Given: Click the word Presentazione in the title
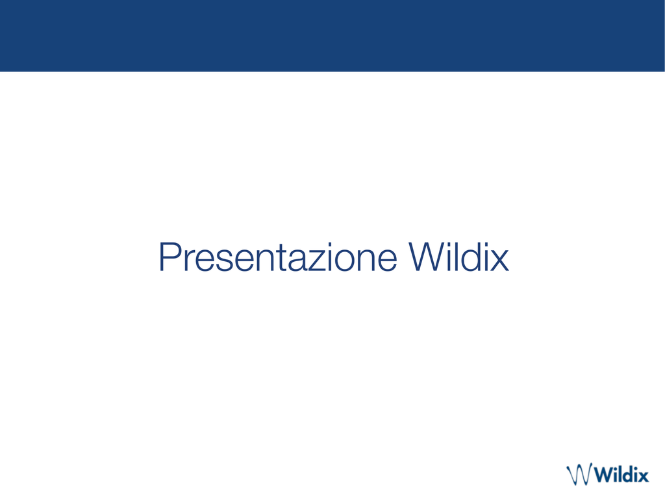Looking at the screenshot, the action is [278, 257].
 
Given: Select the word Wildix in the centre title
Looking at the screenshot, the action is [458, 257].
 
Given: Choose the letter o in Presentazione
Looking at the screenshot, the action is [345, 261].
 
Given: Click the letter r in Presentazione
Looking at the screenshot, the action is [189, 261].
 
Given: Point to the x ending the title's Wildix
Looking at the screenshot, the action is [499, 261].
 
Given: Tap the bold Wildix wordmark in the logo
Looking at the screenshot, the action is [621, 474].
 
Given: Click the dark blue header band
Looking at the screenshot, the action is [332, 36].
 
